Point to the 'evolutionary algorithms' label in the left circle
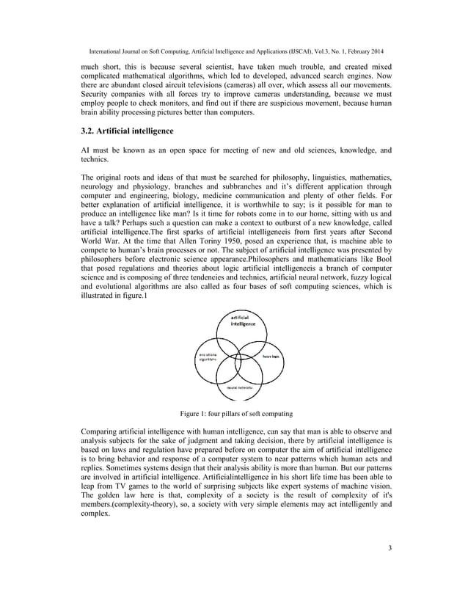tap(205, 357)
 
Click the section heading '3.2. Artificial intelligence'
tap(127, 131)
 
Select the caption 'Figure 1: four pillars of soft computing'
tap(234, 413)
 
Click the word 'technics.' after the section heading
tap(95, 159)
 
